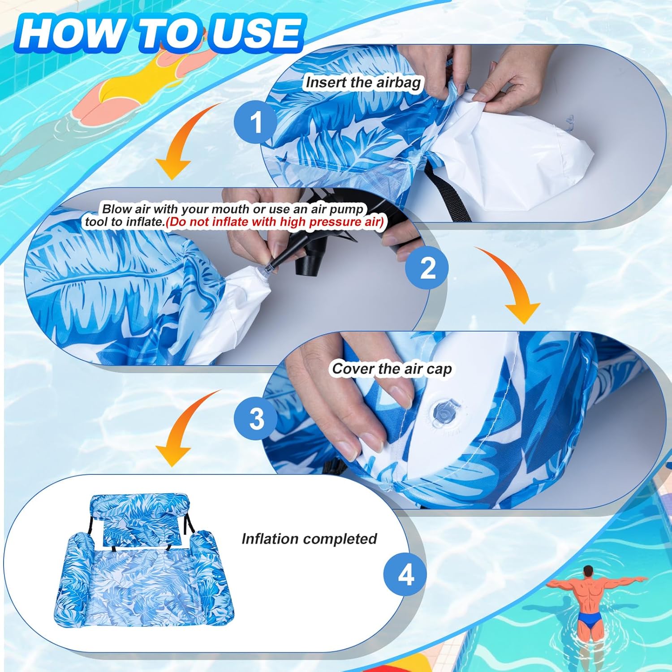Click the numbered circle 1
coord(256,121)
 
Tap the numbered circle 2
coord(427,268)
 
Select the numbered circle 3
coord(256,418)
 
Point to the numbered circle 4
coord(405,574)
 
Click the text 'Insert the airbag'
coord(363,82)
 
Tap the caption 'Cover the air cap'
coord(392,369)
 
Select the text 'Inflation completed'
coord(309,538)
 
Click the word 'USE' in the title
coord(254,33)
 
